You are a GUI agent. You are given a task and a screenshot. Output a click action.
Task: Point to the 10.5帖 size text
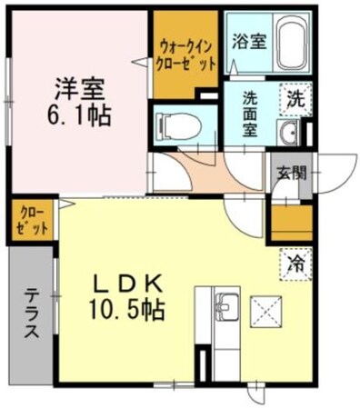click(x=127, y=311)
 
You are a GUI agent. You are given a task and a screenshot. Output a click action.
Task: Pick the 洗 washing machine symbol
click(x=296, y=98)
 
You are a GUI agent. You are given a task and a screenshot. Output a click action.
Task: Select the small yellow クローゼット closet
click(x=32, y=220)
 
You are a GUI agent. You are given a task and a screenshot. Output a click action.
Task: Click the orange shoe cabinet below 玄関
click(x=292, y=221)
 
